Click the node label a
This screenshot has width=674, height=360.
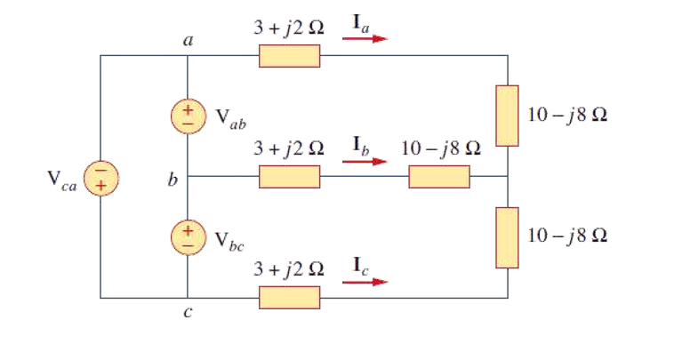pos(189,41)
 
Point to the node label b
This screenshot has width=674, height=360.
pos(173,181)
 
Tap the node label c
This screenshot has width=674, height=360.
pos(189,313)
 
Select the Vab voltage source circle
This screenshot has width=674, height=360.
pos(188,116)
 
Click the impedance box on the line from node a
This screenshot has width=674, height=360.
pos(289,56)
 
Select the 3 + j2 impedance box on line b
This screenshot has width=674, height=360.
pos(289,177)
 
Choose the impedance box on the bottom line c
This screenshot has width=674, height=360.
pos(289,297)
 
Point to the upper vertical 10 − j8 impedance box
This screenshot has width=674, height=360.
pos(507,116)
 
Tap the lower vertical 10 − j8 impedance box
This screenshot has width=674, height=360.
pos(507,237)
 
